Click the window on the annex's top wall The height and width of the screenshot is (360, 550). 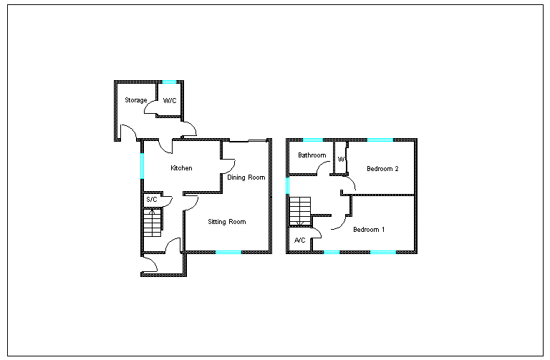[169, 82]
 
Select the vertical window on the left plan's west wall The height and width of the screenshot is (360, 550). [143, 165]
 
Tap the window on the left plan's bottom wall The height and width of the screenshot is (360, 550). [228, 252]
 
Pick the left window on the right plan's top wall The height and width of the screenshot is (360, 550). [312, 140]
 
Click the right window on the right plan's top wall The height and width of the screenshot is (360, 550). [380, 140]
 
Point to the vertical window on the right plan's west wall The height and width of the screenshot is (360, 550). [288, 185]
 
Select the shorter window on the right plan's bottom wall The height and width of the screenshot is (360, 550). [332, 252]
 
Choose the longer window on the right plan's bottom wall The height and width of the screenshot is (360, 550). [383, 252]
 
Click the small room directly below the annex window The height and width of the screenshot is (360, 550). [170, 99]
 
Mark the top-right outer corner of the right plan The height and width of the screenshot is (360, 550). [415, 140]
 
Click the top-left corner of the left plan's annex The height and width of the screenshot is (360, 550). [115, 82]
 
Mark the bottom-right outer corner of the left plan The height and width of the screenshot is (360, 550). [270, 252]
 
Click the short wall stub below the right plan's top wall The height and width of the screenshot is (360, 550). [347, 144]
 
